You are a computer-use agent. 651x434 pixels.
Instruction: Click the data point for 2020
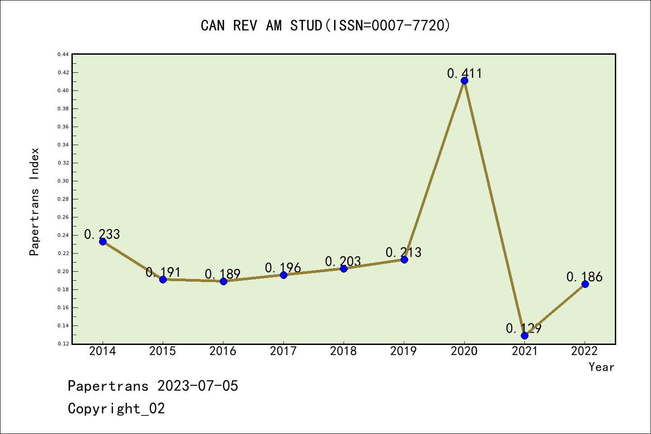tap(464, 81)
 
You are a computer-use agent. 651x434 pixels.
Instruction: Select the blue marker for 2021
tap(524, 335)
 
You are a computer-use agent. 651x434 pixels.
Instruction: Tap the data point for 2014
tap(103, 241)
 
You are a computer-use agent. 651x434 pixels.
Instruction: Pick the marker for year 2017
tap(283, 275)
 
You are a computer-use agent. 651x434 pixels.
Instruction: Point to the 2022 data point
tap(585, 284)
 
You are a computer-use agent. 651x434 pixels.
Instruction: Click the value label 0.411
tap(464, 73)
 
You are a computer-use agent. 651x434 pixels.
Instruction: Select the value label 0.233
tap(102, 234)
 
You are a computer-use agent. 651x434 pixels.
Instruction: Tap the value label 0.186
tap(585, 277)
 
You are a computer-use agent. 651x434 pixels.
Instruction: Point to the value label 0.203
tap(343, 261)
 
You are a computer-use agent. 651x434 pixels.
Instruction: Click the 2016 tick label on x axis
tap(223, 351)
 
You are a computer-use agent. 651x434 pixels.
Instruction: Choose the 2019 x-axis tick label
tap(404, 351)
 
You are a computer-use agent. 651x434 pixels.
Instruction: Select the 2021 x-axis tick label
tap(524, 351)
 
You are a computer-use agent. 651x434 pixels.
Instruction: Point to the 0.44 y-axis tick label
tap(63, 54)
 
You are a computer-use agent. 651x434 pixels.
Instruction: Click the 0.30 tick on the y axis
tap(63, 181)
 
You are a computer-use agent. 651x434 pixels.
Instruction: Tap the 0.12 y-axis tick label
tap(63, 344)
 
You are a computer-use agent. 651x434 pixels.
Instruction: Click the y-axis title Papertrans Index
tap(34, 202)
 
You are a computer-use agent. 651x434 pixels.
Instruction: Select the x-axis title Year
tap(601, 367)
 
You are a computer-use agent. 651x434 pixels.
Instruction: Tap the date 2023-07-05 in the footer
tap(198, 386)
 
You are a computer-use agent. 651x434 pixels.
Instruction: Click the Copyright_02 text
tap(116, 409)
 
